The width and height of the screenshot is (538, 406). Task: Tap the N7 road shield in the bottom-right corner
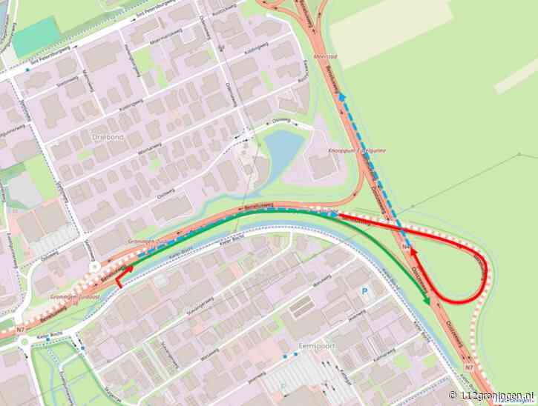[x=468, y=367]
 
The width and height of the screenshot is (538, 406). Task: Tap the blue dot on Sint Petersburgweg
[x=27, y=69]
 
